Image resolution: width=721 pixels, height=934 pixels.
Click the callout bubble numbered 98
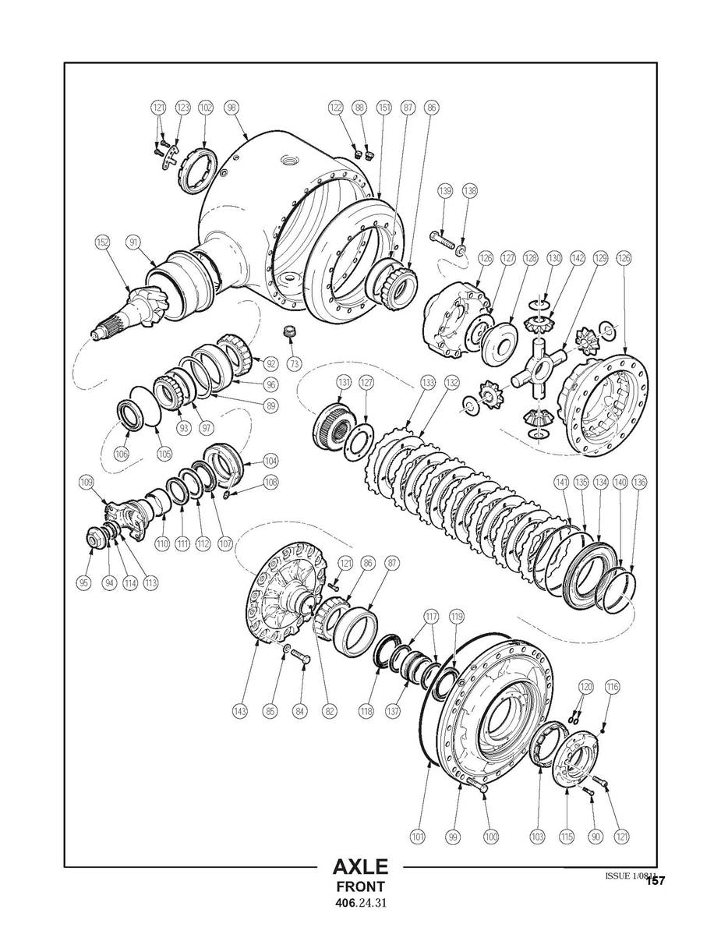pos(231,108)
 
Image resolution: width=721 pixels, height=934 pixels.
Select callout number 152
pos(102,242)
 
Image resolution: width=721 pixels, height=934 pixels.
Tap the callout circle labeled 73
pos(293,364)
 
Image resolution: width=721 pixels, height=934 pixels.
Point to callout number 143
pos(241,710)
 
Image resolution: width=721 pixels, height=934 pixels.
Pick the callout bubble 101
pos(418,837)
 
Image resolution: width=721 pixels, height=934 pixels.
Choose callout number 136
pos(638,483)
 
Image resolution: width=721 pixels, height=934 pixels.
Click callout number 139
pos(444,190)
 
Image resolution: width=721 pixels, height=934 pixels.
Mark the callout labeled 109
pos(87,482)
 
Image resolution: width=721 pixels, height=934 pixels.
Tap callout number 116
pos(613,687)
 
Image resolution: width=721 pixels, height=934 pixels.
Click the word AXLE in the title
pos(360,867)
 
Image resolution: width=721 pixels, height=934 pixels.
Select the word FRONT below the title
pos(360,886)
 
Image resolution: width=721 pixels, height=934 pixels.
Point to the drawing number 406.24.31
pos(360,904)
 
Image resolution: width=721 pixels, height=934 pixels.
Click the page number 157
pos(655,881)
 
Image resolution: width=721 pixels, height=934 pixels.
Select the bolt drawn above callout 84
pos(301,659)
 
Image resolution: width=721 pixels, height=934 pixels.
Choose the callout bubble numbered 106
pos(122,454)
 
